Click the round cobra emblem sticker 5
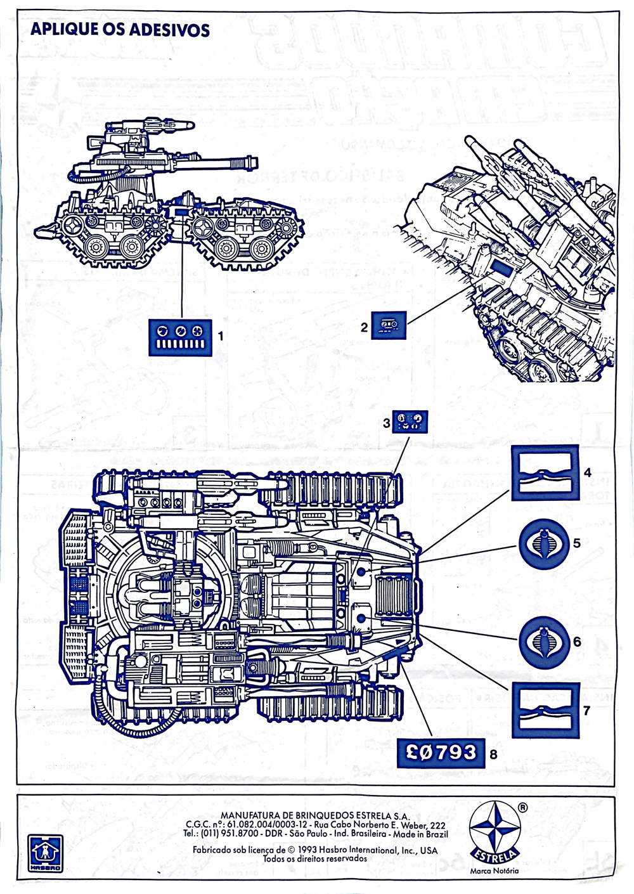545,543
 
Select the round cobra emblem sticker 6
545,642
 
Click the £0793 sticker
441,753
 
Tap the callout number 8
493,755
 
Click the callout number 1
221,335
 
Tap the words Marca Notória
495,871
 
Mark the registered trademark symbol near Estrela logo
522,808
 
